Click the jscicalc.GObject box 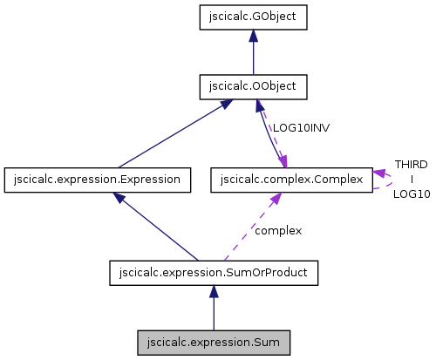(253, 16)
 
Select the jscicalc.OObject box (253, 87)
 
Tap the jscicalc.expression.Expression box (97, 180)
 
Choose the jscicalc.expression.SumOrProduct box (214, 273)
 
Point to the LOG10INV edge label (301, 127)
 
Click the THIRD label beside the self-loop (411, 164)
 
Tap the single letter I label (411, 179)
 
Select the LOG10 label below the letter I (411, 194)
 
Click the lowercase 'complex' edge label (278, 231)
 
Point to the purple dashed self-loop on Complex (390, 180)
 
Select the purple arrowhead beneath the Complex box (275, 199)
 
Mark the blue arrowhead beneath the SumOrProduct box (214, 293)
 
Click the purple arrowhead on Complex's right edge (378, 173)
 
